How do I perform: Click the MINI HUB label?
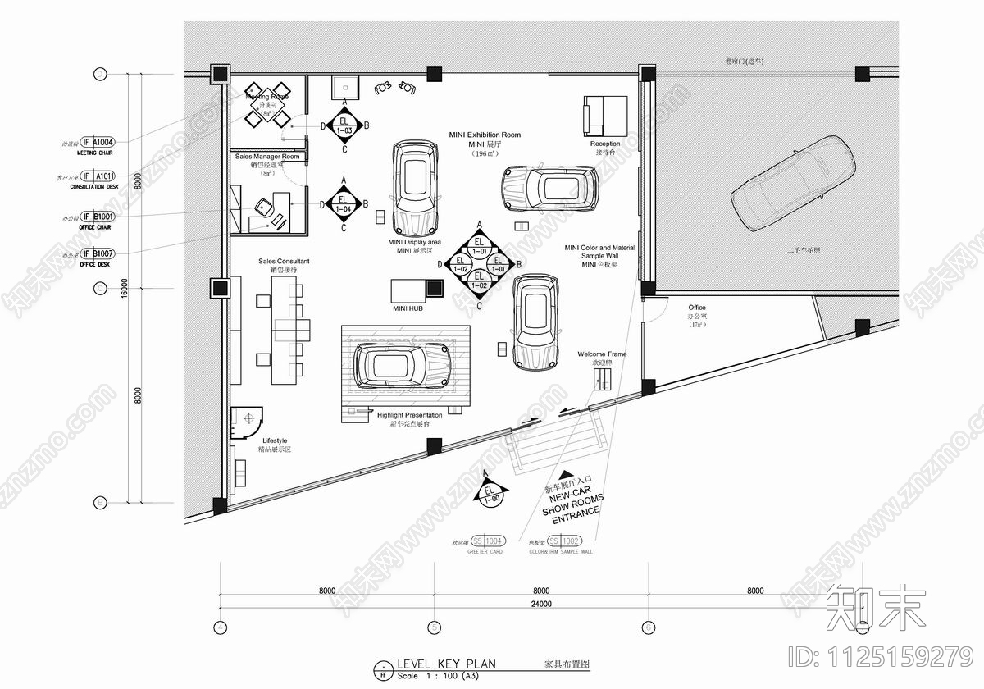tap(408, 309)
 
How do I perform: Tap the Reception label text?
tap(605, 144)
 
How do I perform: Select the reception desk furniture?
tap(605, 115)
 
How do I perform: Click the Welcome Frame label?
tap(602, 354)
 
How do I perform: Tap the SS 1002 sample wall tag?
tap(564, 541)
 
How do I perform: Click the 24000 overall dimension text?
tap(540, 604)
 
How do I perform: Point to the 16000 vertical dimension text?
tap(125, 289)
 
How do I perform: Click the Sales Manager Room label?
tap(267, 156)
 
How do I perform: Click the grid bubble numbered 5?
tap(434, 627)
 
